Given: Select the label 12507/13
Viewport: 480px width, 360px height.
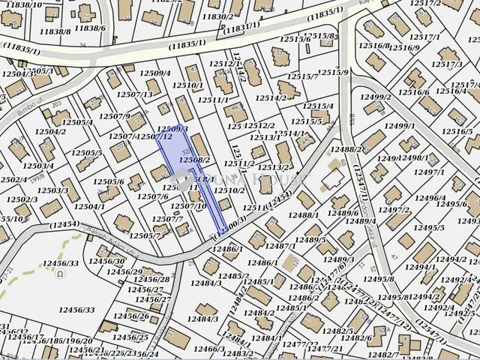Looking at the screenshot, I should click(135, 94).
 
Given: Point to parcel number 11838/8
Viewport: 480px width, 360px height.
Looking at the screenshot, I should click(55, 32).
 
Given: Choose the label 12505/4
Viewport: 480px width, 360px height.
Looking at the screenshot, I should click(77, 122).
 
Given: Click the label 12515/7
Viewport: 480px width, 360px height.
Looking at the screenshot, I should click(304, 76).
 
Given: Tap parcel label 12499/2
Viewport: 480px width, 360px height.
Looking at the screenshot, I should click(375, 97).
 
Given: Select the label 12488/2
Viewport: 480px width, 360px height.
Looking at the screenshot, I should click(346, 150).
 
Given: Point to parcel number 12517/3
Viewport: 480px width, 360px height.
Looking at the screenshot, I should click(447, 64).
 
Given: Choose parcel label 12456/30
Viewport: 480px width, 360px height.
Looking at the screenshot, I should click(106, 261).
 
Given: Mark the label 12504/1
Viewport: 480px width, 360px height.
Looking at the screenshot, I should click(89, 206).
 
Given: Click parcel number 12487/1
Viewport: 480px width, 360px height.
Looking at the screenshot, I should click(280, 246).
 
